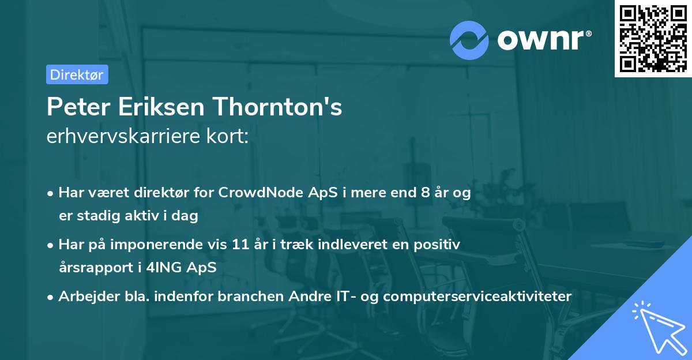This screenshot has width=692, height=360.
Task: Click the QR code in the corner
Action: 653,38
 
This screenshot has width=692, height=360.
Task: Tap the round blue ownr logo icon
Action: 469,40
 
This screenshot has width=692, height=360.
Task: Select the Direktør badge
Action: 77,74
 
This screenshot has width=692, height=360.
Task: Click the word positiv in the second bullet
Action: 441,245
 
